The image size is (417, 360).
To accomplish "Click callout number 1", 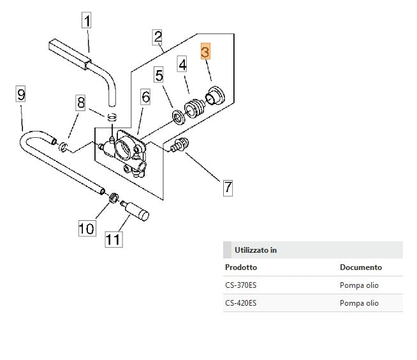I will [87, 21].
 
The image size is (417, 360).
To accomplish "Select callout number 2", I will [157, 36].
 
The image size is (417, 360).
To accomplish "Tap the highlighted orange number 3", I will [205, 52].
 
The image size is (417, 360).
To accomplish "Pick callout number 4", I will [182, 64].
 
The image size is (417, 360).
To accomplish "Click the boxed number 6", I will [145, 97].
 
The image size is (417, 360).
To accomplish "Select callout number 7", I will [228, 188].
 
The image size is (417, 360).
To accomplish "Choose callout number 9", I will [21, 95].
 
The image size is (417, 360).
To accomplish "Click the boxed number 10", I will [86, 227].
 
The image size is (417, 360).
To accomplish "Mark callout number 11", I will [113, 239].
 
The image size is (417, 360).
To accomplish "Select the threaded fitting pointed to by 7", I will [180, 146].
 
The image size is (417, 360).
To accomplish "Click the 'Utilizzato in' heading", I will [255, 250].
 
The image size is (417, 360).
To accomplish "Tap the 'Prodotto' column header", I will [241, 267].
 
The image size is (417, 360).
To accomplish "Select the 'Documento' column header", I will [360, 267].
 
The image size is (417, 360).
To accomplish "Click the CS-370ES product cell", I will [241, 285].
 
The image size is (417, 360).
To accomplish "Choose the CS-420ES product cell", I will [241, 303].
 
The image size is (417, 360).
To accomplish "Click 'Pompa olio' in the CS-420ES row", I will [359, 303].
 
